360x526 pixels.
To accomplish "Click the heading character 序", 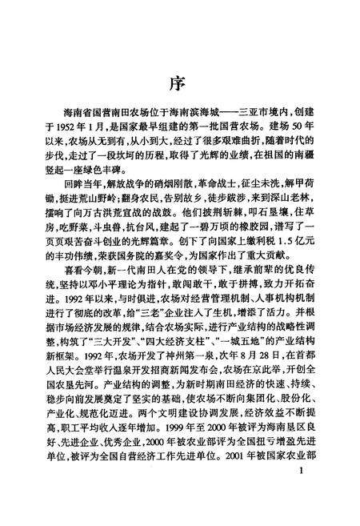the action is pos(180,82).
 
